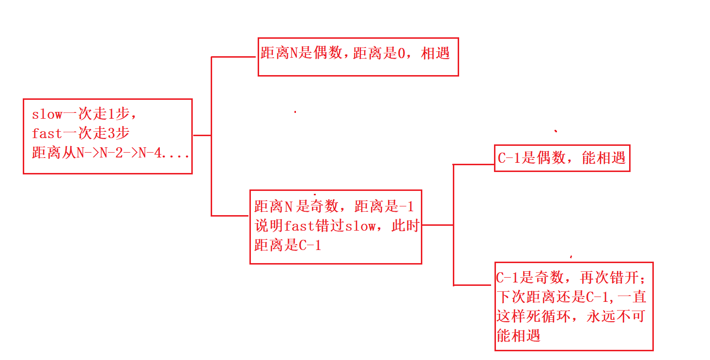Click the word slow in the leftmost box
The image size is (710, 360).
pyautogui.click(x=47, y=115)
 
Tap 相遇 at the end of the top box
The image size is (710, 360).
pyautogui.click(x=436, y=53)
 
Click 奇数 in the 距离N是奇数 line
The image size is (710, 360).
pyautogui.click(x=324, y=207)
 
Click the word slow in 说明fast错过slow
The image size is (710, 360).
pyautogui.click(x=359, y=226)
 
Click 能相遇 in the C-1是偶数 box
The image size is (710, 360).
pyautogui.click(x=603, y=158)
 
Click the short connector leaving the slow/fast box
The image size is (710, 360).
pyautogui.click(x=201, y=135)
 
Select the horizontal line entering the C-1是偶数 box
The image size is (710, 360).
pyautogui.click(x=473, y=165)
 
